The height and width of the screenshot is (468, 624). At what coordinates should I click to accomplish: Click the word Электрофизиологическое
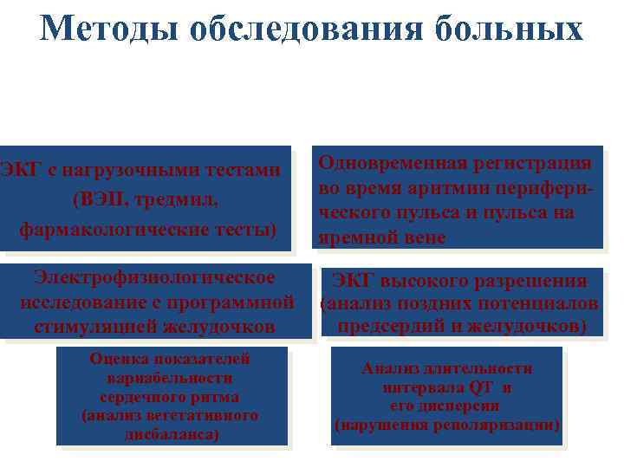point(154,277)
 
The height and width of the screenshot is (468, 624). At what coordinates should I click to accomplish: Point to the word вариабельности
point(170,378)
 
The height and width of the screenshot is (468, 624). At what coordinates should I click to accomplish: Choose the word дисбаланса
point(171,433)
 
